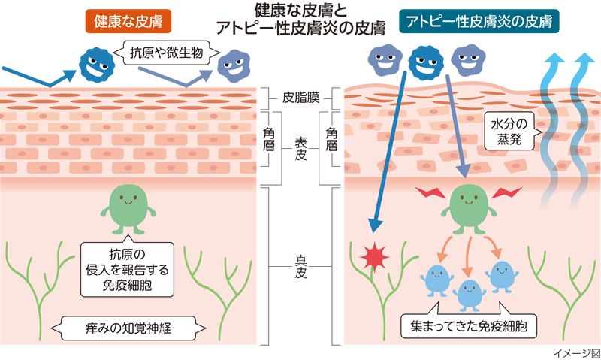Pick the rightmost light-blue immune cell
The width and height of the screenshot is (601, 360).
point(503,277)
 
